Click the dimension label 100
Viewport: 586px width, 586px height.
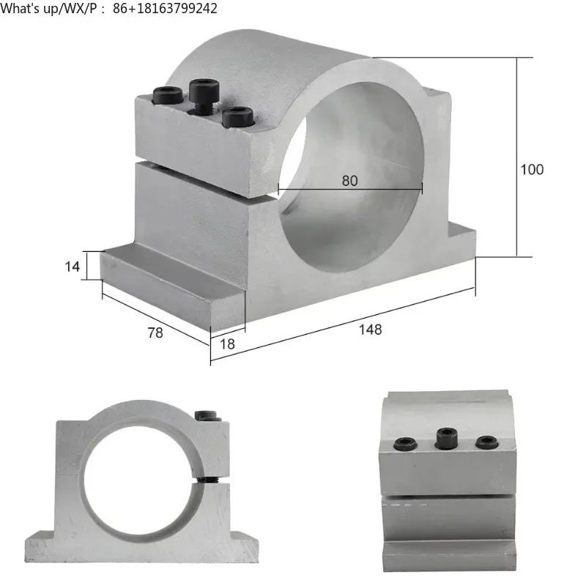pos(532,169)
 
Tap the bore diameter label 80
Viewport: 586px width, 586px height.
pos(350,180)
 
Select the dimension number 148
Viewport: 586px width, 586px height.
pos(371,330)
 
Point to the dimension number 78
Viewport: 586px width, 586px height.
pos(155,333)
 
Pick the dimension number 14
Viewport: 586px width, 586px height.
pos(72,267)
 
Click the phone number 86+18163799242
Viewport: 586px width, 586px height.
pos(165,9)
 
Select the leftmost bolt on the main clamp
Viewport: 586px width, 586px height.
pos(167,95)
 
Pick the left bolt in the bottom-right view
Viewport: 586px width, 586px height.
pos(406,443)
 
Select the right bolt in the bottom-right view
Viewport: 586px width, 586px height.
pos(486,442)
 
